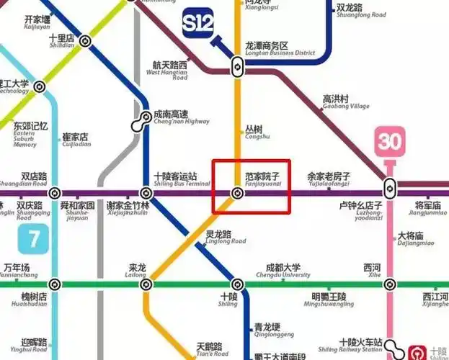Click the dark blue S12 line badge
[198, 24]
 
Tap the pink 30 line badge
[389, 141]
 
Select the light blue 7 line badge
[33, 238]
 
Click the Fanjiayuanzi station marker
[237, 193]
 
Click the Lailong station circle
[146, 284]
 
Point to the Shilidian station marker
[85, 41]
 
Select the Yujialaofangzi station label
[328, 179]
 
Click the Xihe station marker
[390, 284]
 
